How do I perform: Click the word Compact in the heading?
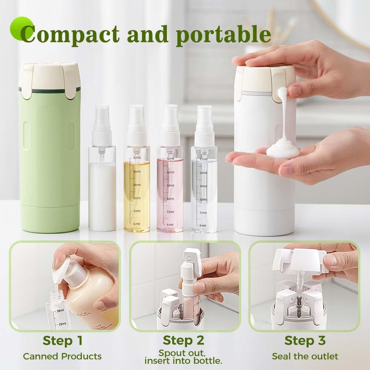(70, 34)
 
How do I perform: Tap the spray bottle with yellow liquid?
(137, 192)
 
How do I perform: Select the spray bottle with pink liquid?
(170, 192)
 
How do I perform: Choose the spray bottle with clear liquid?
(204, 192)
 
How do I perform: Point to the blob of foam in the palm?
(283, 150)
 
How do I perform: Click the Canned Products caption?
(62, 356)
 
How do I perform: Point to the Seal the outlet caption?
(305, 356)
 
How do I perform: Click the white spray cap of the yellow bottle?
(136, 126)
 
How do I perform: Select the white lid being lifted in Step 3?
(300, 259)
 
